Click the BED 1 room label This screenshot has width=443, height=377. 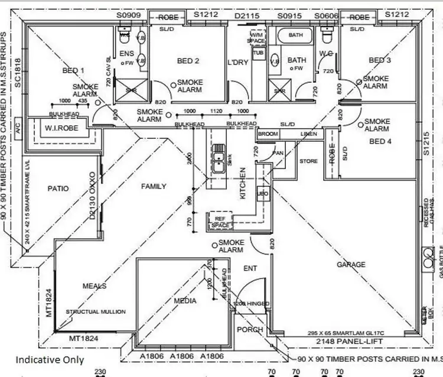coord(73,71)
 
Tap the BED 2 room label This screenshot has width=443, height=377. coord(188,60)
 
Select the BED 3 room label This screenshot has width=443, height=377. coord(380,60)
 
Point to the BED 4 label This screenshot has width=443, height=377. coord(377,141)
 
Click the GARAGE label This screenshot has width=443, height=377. coord(350,265)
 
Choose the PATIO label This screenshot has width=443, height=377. coord(57,189)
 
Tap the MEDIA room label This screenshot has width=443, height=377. coord(185,301)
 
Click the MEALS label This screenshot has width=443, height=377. coord(94,286)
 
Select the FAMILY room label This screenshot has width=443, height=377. coord(153,186)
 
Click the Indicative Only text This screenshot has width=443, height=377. coord(50,359)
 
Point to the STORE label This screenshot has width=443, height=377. coord(308,161)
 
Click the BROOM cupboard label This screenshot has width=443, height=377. coord(268,135)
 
